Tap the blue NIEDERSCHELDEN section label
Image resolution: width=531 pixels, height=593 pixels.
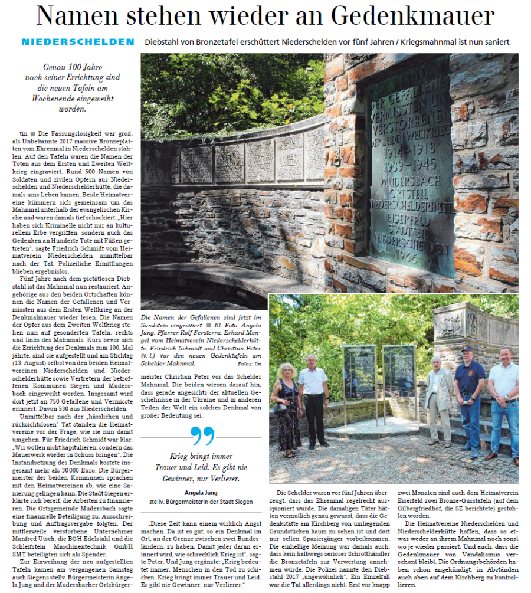pos(77,42)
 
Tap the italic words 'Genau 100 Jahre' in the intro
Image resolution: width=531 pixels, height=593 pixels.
pos(73,67)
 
